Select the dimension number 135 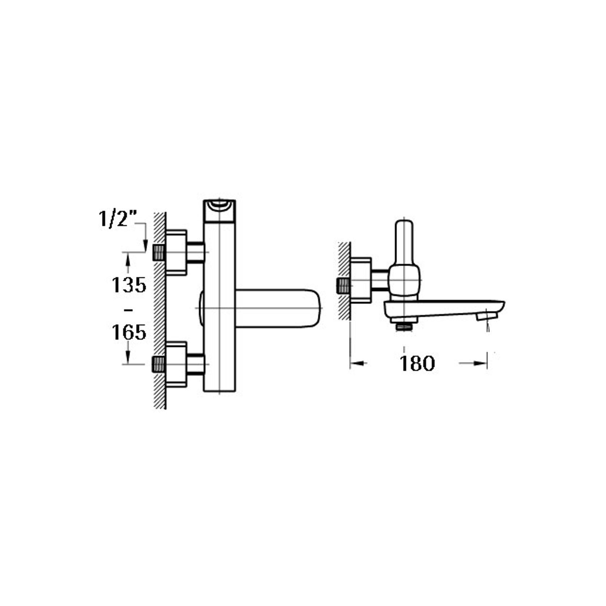[129, 285]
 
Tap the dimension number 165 [129, 332]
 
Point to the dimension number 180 [417, 363]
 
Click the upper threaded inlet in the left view [158, 252]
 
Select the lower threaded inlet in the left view [158, 364]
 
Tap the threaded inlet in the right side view [342, 286]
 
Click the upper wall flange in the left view [176, 252]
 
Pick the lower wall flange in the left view [176, 364]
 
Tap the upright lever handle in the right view [404, 242]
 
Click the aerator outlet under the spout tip [487, 316]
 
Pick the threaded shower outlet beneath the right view [404, 327]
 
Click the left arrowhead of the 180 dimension [356, 363]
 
